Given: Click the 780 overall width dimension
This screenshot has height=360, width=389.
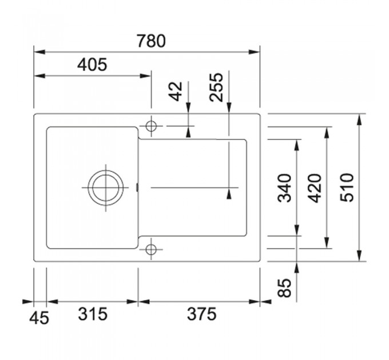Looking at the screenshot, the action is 151,41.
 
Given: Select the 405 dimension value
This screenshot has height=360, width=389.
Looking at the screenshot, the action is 92,65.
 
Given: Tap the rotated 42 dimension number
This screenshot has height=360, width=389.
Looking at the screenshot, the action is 176,91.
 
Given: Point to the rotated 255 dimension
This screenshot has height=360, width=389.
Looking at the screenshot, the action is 216,87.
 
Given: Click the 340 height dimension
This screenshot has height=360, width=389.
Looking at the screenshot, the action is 284,188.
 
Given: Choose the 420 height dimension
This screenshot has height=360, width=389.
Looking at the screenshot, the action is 314,188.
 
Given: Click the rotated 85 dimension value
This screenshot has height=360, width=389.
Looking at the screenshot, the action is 284,287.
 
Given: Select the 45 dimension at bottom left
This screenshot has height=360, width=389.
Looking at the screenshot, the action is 39,318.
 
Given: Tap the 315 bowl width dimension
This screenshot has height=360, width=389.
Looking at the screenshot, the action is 93,314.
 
